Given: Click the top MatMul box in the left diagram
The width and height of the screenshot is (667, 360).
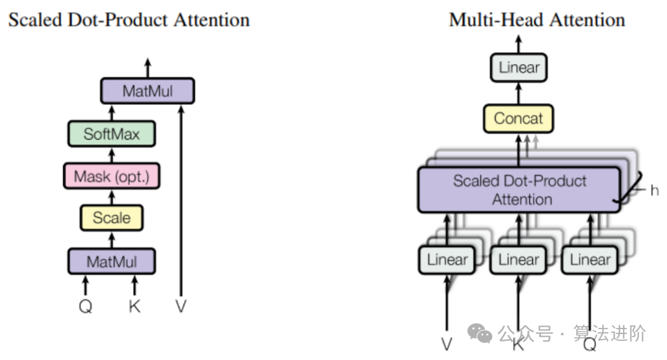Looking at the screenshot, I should (x=148, y=91).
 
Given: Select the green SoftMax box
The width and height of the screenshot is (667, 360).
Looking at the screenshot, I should (x=112, y=134).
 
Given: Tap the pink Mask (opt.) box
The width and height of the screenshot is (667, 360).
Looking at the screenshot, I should (x=112, y=176).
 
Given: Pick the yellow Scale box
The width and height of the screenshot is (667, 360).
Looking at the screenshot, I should (x=112, y=217).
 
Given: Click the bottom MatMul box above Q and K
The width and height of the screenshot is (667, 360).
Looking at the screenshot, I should (x=112, y=261).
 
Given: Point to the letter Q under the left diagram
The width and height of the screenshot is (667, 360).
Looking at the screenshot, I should (x=86, y=306).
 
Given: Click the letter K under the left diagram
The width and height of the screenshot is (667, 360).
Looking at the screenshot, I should (x=134, y=306).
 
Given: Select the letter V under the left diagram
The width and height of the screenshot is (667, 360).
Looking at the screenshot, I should (x=181, y=306).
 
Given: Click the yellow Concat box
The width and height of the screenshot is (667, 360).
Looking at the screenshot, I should (x=518, y=119).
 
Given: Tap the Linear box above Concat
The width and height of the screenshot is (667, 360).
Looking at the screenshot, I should (x=519, y=67).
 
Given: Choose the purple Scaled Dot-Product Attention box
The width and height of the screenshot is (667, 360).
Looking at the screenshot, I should (x=519, y=190).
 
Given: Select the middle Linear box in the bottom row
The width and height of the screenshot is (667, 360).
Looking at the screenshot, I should (x=519, y=260).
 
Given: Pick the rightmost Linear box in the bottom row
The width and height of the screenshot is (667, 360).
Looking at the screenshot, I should (x=590, y=260).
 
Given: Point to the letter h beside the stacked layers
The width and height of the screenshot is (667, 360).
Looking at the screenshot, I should (x=654, y=190).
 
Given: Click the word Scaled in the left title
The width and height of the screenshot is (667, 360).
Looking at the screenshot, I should (x=31, y=20).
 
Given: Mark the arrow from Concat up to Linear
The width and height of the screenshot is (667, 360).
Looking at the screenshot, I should (x=519, y=93).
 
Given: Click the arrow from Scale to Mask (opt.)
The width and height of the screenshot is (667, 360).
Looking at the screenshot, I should (x=112, y=196).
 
